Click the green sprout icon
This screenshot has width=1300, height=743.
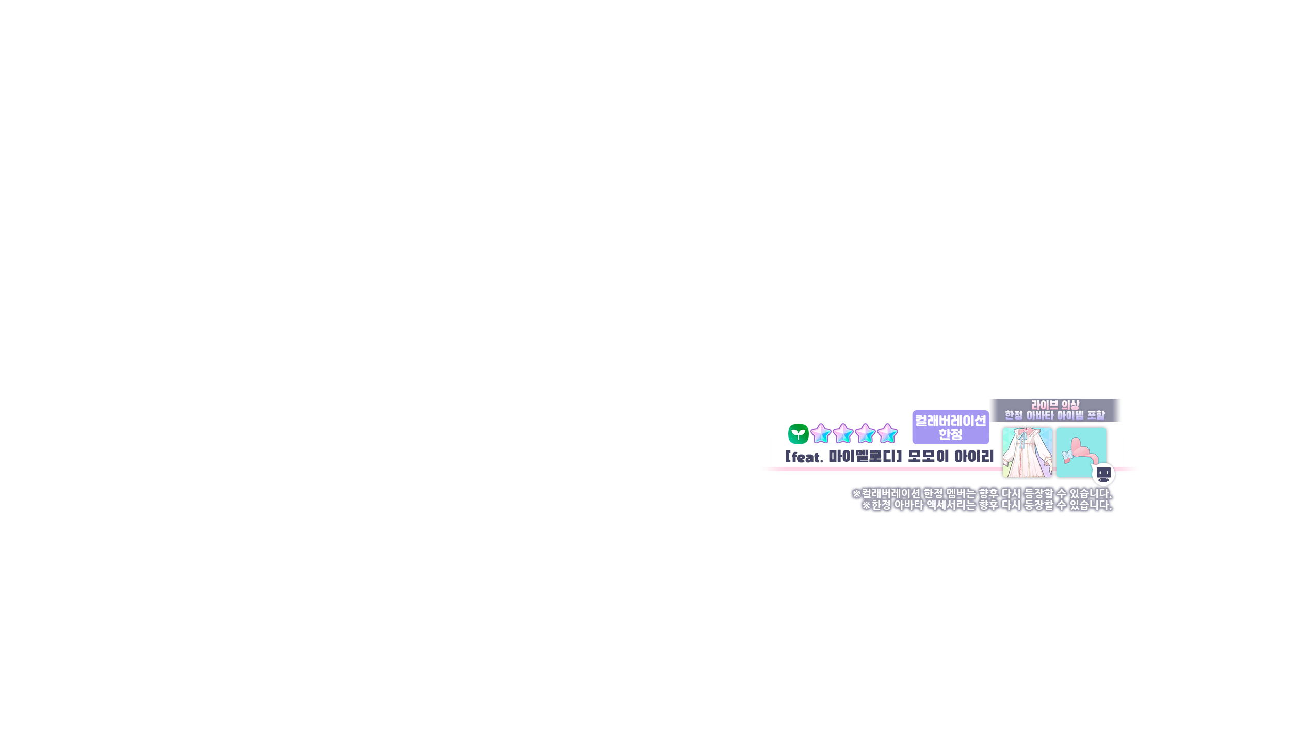pyautogui.click(x=798, y=434)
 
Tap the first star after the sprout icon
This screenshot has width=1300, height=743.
pyautogui.click(x=821, y=434)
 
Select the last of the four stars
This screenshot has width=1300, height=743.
pyautogui.click(x=888, y=434)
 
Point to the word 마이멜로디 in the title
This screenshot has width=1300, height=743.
pyautogui.click(x=863, y=457)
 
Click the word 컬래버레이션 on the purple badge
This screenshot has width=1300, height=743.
pyautogui.click(x=950, y=421)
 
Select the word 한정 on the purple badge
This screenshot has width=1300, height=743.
pyautogui.click(x=950, y=434)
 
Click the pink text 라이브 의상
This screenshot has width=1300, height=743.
pyautogui.click(x=1055, y=405)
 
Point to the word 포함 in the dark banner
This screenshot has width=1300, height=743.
pyautogui.click(x=1096, y=415)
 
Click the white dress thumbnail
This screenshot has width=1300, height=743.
pyautogui.click(x=1027, y=453)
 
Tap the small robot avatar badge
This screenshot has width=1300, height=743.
pyautogui.click(x=1103, y=474)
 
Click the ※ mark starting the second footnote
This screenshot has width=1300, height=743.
pyautogui.click(x=867, y=505)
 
